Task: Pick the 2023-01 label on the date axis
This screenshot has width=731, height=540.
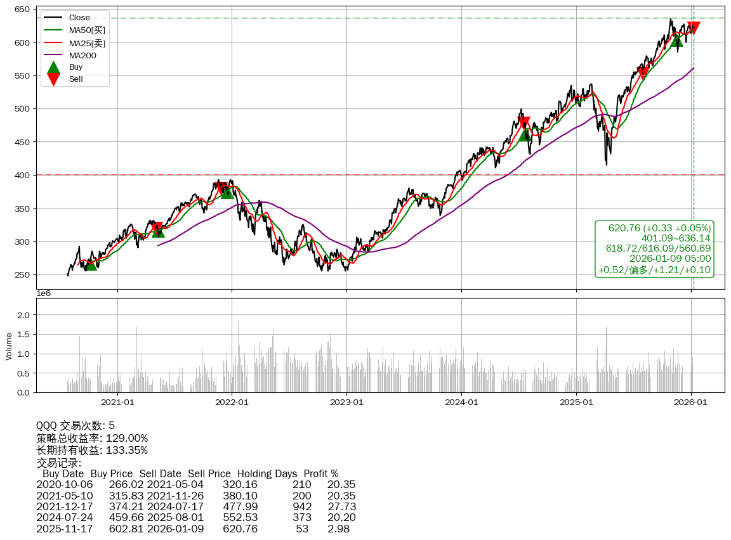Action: pyautogui.click(x=346, y=402)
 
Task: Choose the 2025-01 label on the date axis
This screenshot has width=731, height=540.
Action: pyautogui.click(x=576, y=402)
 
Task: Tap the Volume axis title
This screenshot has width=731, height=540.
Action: pyautogui.click(x=9, y=346)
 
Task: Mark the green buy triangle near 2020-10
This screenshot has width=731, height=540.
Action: pyautogui.click(x=91, y=264)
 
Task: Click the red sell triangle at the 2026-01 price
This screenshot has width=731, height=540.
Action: pyautogui.click(x=694, y=28)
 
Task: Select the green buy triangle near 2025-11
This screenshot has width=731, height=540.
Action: pyautogui.click(x=677, y=40)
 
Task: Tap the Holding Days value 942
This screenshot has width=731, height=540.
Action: pyautogui.click(x=302, y=506)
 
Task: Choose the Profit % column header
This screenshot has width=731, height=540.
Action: pyautogui.click(x=320, y=473)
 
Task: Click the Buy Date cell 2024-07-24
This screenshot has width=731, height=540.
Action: pyautogui.click(x=64, y=517)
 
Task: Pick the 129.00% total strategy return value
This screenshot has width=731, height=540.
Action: pyautogui.click(x=126, y=438)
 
